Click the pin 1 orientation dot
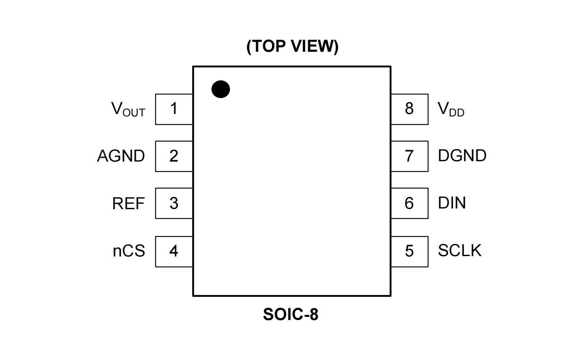[x=220, y=89]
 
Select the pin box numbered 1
[x=174, y=109]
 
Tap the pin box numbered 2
[x=174, y=156]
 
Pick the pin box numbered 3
[x=174, y=203]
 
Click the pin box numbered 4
[x=174, y=251]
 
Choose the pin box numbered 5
[x=410, y=251]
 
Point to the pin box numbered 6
[x=410, y=203]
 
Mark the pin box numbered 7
[x=410, y=156]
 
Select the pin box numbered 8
[x=410, y=109]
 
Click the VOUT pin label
[x=128, y=109]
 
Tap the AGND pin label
[x=121, y=156]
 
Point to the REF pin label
[x=128, y=204]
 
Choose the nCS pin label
[x=129, y=251]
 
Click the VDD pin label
[x=451, y=109]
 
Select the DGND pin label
[x=462, y=156]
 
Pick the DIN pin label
[x=452, y=203]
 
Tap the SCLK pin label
[x=460, y=251]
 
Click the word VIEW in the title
[x=314, y=46]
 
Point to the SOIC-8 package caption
[x=291, y=314]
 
